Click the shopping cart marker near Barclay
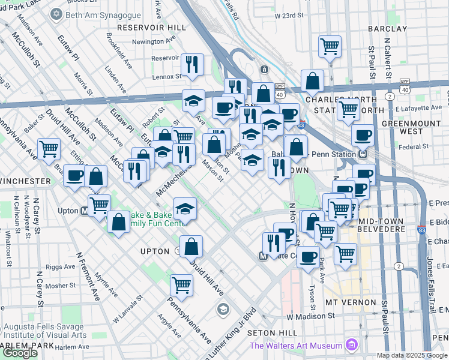click(x=330, y=46)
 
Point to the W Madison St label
click(x=310, y=316)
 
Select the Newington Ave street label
click(x=148, y=41)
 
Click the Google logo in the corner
click(x=20, y=353)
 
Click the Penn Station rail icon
click(x=362, y=154)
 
